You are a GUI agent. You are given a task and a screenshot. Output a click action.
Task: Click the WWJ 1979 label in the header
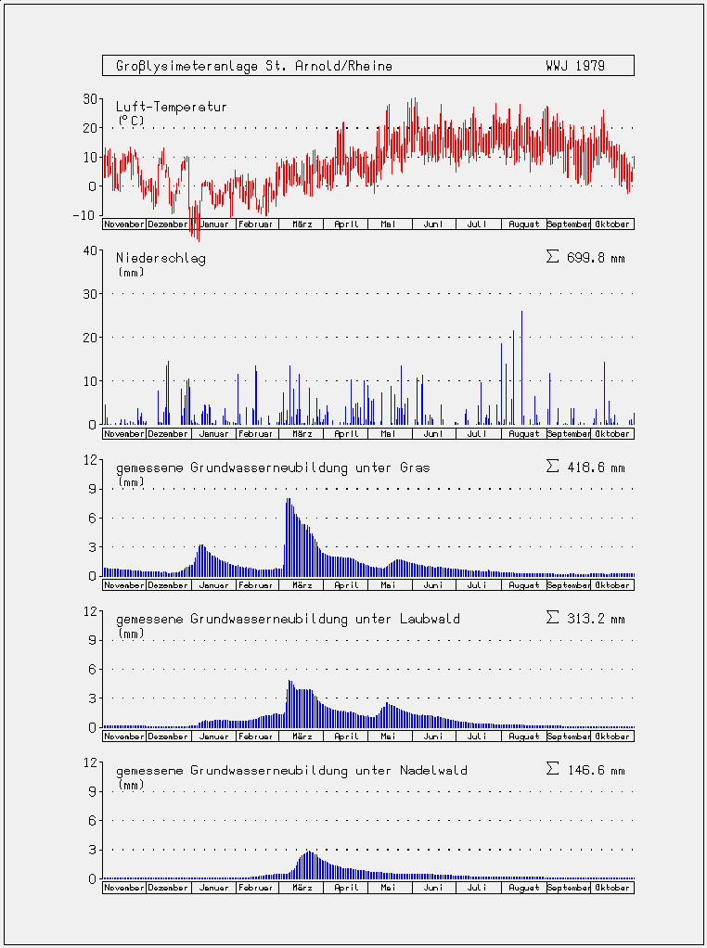(x=574, y=66)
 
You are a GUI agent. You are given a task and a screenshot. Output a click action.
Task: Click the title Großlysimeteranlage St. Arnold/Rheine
(x=254, y=66)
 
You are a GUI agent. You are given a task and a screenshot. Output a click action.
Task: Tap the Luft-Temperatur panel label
(x=172, y=107)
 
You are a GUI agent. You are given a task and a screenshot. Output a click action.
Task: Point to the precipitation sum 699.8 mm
(x=585, y=258)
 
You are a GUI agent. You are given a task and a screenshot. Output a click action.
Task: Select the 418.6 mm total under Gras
(x=585, y=468)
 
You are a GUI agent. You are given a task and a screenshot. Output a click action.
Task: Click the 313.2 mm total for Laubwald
(x=585, y=619)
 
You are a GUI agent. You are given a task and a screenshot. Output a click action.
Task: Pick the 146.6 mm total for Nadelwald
(x=585, y=770)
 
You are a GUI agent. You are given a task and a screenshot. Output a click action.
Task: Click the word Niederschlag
(x=161, y=259)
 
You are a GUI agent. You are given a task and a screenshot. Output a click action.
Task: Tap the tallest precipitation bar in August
(x=522, y=367)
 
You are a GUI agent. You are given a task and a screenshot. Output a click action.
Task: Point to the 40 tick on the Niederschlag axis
(x=90, y=250)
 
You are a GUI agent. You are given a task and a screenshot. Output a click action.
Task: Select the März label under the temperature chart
(x=302, y=224)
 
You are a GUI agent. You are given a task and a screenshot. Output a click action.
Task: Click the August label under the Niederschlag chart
(x=523, y=434)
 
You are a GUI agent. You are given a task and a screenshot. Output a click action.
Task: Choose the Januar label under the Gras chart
(x=214, y=585)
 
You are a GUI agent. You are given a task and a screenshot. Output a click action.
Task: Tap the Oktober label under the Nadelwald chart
(x=612, y=888)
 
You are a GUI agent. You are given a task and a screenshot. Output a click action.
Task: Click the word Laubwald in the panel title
(x=430, y=619)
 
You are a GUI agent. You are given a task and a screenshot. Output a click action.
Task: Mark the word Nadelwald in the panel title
(x=433, y=770)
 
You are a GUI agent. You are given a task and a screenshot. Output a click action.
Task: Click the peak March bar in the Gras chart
(x=289, y=537)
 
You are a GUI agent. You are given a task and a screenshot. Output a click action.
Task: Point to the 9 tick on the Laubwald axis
(x=93, y=640)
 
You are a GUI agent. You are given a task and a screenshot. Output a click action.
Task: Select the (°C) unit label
(x=131, y=121)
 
